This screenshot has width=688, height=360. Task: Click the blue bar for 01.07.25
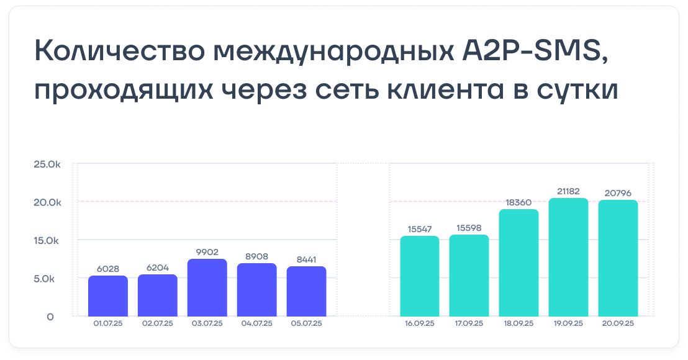(x=108, y=296)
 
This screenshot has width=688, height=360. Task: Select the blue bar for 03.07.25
(x=207, y=288)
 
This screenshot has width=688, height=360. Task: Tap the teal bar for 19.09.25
(x=568, y=258)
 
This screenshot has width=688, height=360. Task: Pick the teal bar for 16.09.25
(x=420, y=276)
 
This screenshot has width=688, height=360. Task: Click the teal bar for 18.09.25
(x=518, y=263)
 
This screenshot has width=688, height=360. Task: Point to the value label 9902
(x=207, y=251)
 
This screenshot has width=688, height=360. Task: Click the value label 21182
(x=568, y=191)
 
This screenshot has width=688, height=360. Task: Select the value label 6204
(x=158, y=268)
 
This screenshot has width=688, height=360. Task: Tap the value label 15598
(x=469, y=228)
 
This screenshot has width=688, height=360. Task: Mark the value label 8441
(x=307, y=259)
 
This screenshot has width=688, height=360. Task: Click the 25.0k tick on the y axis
(x=48, y=164)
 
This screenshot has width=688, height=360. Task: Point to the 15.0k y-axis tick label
(x=48, y=240)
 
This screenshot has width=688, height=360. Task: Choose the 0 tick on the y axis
(x=50, y=317)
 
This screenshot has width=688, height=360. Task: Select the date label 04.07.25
(x=256, y=323)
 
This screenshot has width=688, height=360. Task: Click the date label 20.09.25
(x=618, y=323)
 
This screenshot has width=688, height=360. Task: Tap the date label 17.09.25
(x=469, y=323)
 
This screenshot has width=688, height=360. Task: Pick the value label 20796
(x=618, y=193)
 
